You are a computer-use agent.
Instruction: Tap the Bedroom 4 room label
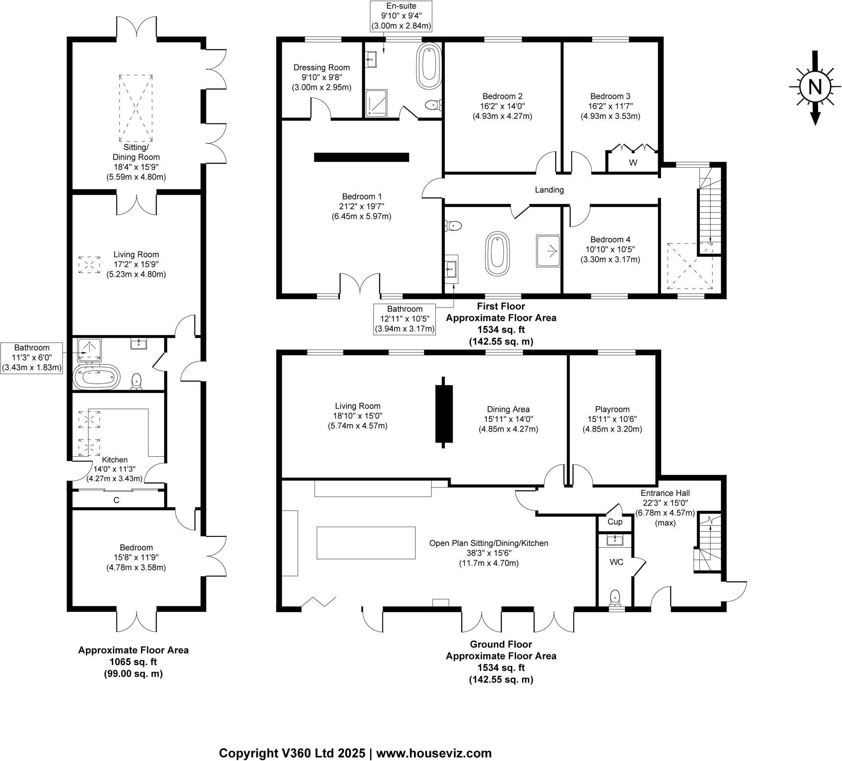click(610, 240)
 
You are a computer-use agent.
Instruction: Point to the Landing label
click(549, 190)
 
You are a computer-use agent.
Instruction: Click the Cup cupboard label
click(615, 522)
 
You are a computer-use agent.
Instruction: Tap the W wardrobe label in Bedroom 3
click(633, 163)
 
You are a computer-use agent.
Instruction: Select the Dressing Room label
click(322, 68)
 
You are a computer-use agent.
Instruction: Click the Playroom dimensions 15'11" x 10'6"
click(612, 419)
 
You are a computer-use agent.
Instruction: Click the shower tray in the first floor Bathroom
click(548, 251)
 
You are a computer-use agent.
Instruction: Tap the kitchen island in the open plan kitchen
click(366, 543)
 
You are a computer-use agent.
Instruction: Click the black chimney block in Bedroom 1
click(361, 157)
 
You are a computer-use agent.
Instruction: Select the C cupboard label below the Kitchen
click(116, 500)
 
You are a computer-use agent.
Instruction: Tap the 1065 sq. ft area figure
click(133, 662)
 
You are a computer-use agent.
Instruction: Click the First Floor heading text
click(501, 306)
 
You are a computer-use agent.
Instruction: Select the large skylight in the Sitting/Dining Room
click(136, 108)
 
